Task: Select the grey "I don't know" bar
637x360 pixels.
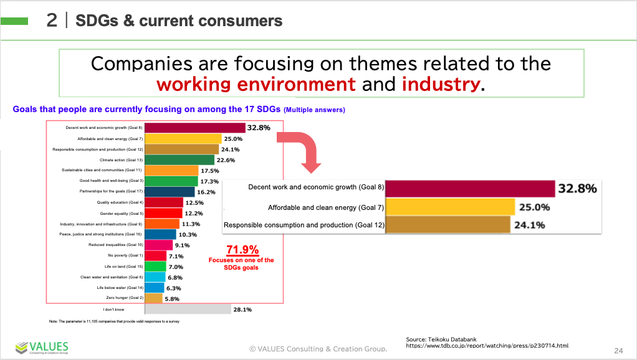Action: click(188, 309)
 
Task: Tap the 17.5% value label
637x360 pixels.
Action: click(210, 171)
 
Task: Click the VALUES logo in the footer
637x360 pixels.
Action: click(42, 348)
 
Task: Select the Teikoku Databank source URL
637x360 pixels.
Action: click(487, 345)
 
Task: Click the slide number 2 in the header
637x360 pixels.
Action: click(52, 21)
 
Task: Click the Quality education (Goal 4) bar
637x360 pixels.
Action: click(164, 202)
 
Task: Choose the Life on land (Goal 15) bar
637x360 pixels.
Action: click(156, 267)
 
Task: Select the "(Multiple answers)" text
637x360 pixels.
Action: click(314, 110)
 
